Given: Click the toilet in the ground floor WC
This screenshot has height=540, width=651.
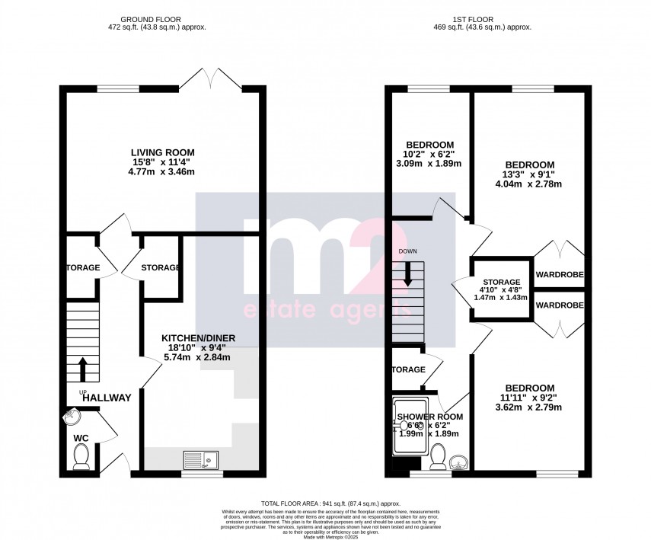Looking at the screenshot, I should click(81, 456).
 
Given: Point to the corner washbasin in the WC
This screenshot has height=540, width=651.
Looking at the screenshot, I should click(71, 417).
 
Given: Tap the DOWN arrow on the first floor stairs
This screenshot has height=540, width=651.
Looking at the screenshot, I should click(409, 274).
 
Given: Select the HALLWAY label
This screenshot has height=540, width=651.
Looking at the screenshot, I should click(107, 398).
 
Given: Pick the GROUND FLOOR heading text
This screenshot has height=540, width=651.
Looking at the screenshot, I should click(163, 18).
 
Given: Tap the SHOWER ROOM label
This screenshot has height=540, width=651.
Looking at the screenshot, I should click(429, 417).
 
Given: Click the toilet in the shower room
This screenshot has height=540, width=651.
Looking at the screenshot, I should click(438, 457).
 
